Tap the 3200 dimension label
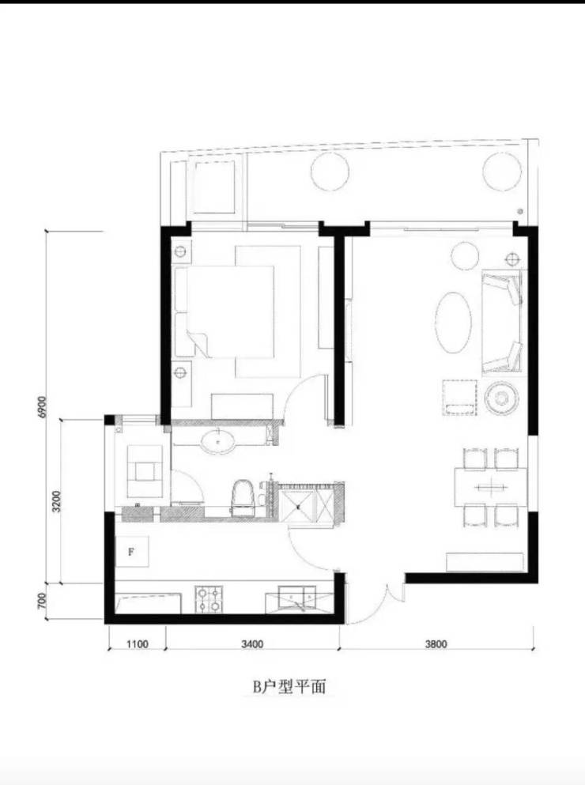click(56, 501)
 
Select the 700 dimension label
click(42, 601)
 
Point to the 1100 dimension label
click(136, 643)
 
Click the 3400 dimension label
click(252, 643)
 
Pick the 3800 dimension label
click(436, 643)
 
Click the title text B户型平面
click(289, 687)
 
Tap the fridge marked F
click(132, 552)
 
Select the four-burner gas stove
click(209, 599)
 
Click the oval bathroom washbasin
click(218, 443)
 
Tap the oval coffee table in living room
click(453, 322)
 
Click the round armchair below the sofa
click(500, 398)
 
